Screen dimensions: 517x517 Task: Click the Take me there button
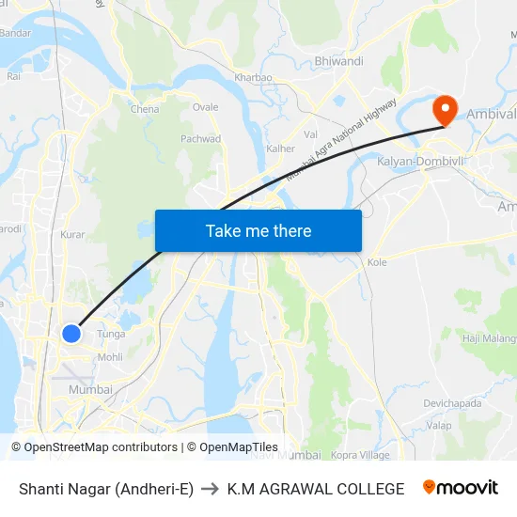(258, 230)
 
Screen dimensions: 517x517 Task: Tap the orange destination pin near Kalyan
(444, 109)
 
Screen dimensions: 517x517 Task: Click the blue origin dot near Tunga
(70, 333)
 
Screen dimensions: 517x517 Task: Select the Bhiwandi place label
(339, 61)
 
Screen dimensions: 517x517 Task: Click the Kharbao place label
(253, 77)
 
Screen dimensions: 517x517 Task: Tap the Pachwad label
(200, 139)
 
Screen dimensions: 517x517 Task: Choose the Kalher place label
(280, 149)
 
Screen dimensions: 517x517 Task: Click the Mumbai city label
(90, 389)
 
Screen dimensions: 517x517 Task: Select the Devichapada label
(452, 403)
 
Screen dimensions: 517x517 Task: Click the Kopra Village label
(360, 455)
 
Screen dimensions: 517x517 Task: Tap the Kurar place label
(72, 235)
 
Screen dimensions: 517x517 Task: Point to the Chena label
(145, 109)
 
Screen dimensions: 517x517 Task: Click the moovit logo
(461, 488)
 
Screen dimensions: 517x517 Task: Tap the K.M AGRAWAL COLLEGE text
(316, 489)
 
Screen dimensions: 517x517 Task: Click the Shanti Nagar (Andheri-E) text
(106, 489)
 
